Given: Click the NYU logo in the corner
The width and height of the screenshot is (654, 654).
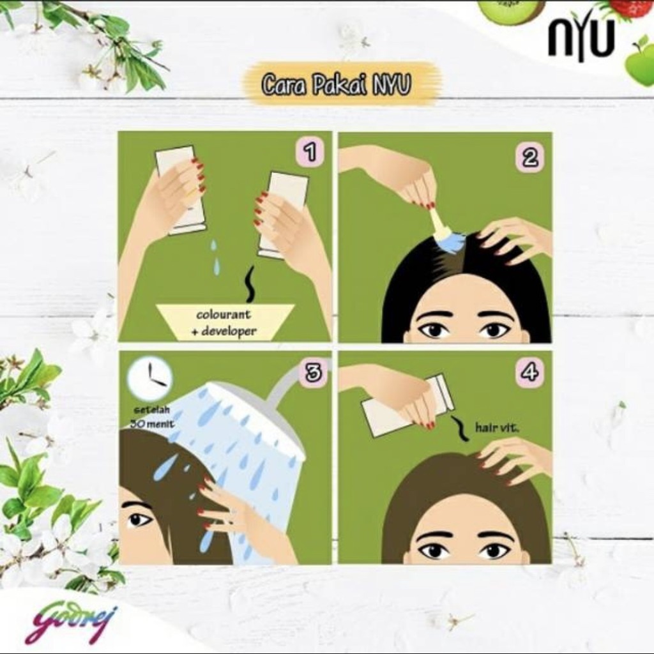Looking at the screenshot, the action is [581, 40].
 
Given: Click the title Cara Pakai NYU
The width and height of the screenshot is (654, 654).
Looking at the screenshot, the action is [336, 84].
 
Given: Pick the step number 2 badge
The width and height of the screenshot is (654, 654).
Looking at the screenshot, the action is [529, 157].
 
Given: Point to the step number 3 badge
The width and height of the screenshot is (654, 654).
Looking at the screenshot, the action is [314, 373].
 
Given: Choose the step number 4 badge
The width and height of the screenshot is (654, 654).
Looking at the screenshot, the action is [529, 371].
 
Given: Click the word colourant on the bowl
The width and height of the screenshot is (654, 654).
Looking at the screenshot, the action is [224, 314].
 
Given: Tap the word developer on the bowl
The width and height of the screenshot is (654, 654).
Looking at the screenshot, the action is [229, 331].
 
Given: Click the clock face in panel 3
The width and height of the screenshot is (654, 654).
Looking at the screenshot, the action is [150, 377].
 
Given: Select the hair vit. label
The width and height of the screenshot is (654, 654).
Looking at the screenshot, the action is [497, 427].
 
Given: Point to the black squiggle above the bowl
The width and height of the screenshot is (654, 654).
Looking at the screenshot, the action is [250, 284].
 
